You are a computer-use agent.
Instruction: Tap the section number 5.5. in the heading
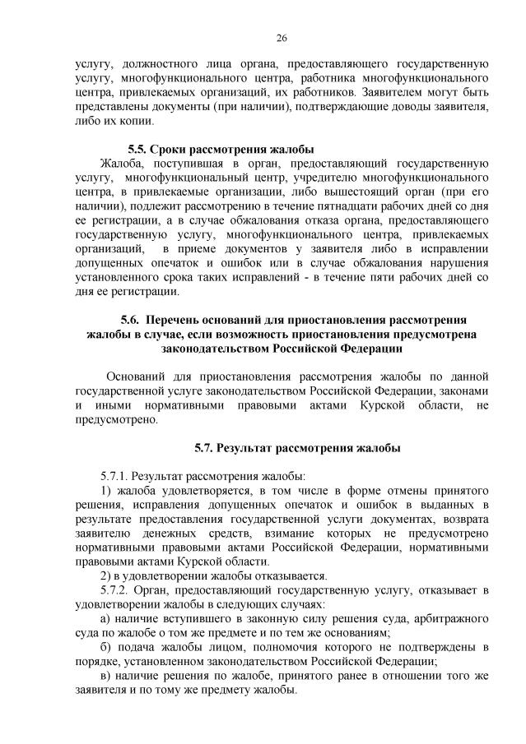140,150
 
